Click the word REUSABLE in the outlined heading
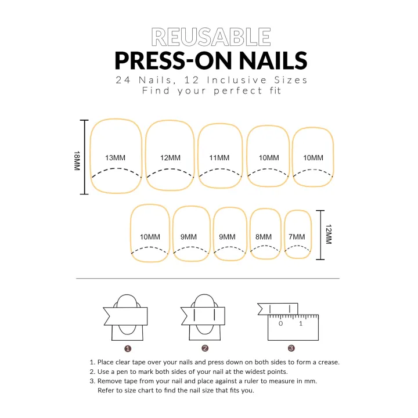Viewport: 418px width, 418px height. pyautogui.click(x=211, y=37)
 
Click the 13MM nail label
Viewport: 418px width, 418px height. pyautogui.click(x=115, y=158)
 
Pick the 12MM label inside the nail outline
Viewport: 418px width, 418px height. pyautogui.click(x=170, y=158)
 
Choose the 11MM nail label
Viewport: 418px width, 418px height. pyautogui.click(x=219, y=158)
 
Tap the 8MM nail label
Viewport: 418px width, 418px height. pyautogui.click(x=263, y=237)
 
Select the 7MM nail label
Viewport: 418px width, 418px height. pyautogui.click(x=296, y=237)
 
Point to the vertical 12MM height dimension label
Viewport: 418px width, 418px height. pyautogui.click(x=328, y=235)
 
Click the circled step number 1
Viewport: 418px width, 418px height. pyautogui.click(x=128, y=348)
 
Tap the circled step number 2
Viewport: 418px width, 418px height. pyautogui.click(x=205, y=348)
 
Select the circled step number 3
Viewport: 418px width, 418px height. pyautogui.click(x=291, y=348)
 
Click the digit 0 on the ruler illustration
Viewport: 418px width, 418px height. pyautogui.click(x=280, y=323)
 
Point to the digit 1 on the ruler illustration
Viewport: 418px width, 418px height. pyautogui.click(x=301, y=323)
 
